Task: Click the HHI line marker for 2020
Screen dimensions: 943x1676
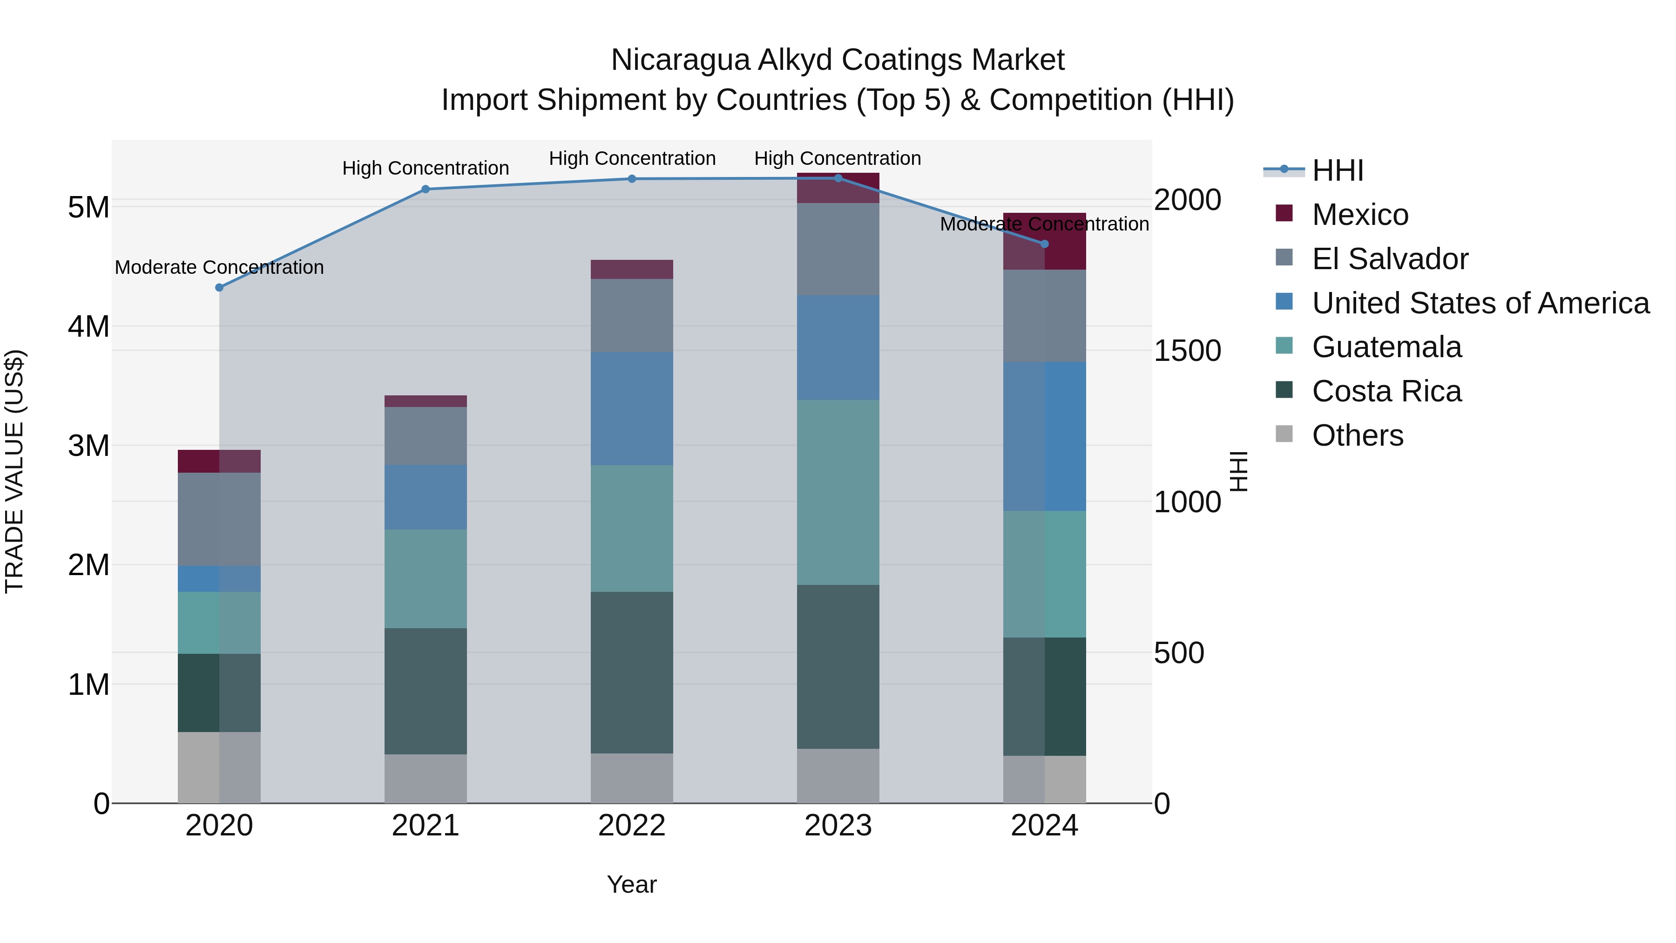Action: (x=219, y=288)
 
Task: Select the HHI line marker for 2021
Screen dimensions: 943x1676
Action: (x=426, y=190)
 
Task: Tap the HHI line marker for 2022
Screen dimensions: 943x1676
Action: (x=632, y=179)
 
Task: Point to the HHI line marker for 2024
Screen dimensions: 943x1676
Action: (x=1045, y=244)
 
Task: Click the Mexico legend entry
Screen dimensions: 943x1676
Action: (x=1360, y=215)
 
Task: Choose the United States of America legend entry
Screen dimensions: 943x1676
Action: (x=1480, y=303)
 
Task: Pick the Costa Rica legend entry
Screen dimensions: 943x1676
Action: (x=1386, y=392)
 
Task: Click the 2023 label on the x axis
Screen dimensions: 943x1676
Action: (x=838, y=826)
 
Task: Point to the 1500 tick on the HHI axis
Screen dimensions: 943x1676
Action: (x=1187, y=352)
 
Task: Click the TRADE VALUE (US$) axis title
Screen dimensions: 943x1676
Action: (x=15, y=471)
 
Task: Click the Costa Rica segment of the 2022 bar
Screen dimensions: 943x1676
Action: (x=632, y=672)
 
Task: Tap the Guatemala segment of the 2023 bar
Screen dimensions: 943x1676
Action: (x=838, y=492)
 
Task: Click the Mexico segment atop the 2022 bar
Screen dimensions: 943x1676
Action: (x=632, y=270)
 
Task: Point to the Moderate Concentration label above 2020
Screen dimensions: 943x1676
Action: (x=219, y=267)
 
